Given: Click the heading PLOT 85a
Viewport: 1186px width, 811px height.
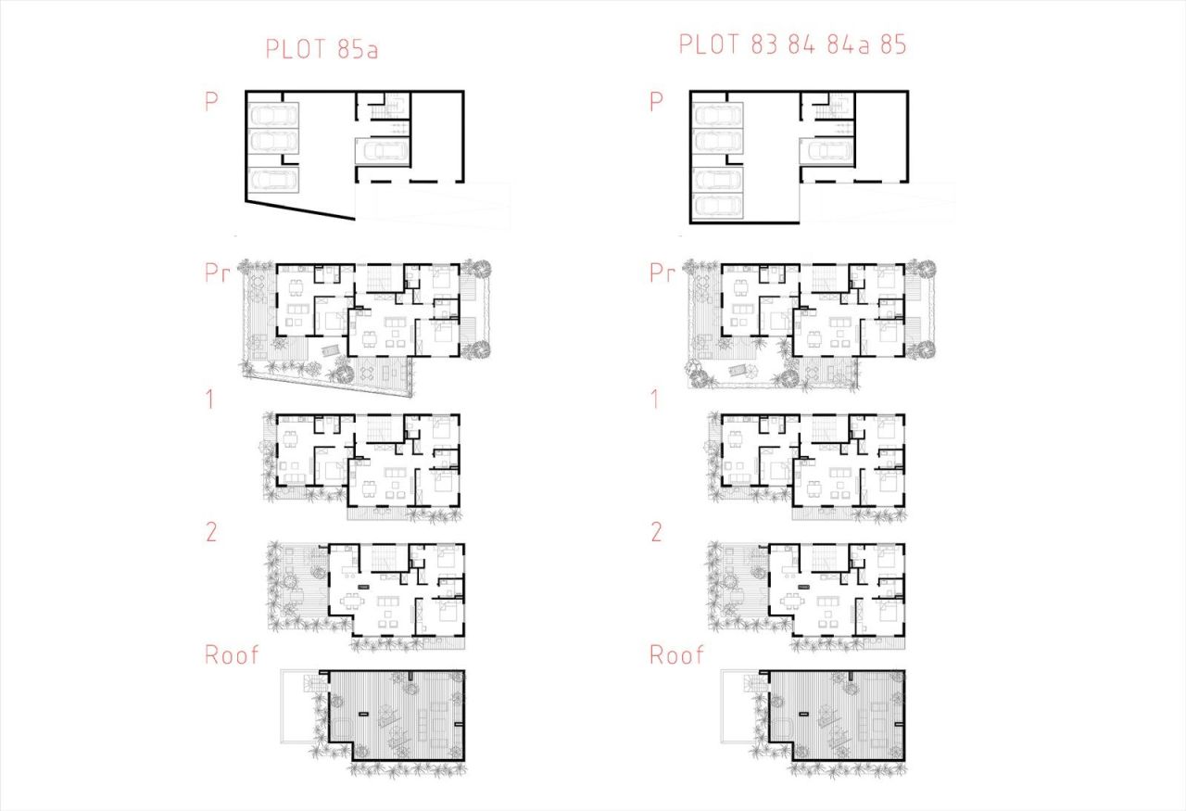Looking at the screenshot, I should (322, 48).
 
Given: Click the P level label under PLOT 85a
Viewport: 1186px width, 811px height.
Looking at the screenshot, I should (211, 101).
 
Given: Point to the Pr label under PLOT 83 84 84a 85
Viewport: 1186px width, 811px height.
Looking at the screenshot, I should (662, 273).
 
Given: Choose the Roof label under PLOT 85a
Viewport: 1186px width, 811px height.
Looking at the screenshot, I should (232, 654).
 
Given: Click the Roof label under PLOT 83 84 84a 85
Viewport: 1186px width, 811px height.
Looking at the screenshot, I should (676, 654).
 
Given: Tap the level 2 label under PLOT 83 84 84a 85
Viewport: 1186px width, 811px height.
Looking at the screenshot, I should (656, 532).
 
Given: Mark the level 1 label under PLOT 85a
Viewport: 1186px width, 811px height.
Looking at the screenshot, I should (210, 400).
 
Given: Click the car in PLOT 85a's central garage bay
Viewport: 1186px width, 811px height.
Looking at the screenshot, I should (382, 151).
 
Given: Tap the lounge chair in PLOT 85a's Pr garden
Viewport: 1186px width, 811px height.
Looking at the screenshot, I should (329, 351).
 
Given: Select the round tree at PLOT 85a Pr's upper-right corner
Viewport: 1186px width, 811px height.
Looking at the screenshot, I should (479, 269).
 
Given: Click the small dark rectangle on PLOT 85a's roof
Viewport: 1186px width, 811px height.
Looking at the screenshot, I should (362, 713).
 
